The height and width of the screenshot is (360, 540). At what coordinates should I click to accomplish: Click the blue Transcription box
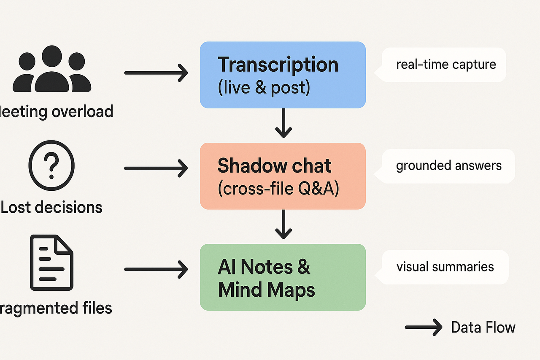click(283, 75)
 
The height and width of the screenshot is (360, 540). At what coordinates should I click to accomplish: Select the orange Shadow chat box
click(283, 176)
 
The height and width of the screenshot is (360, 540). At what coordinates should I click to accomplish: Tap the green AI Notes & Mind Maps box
click(283, 277)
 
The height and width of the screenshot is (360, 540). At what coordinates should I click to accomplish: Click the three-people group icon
click(52, 70)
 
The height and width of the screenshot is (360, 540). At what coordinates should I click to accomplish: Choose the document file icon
click(51, 263)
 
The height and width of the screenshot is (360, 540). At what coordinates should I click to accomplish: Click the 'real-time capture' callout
click(445, 65)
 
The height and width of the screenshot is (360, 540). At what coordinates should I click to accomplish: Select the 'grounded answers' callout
click(448, 165)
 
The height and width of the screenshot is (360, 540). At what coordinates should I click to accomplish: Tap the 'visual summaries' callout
click(445, 267)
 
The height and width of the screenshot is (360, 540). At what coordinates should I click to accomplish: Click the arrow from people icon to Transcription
click(156, 73)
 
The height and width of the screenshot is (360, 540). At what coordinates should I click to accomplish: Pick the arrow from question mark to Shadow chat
click(156, 168)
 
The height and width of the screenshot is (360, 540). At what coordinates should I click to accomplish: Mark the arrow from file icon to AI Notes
click(156, 269)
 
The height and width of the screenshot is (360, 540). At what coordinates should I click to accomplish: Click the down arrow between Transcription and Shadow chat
click(283, 123)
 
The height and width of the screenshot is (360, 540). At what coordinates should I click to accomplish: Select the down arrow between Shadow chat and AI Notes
click(283, 224)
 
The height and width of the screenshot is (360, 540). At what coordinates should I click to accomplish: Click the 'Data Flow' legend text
click(483, 328)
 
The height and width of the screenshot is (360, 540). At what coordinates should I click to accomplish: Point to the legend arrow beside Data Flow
click(423, 328)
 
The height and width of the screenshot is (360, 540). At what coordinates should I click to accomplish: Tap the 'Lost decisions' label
click(51, 207)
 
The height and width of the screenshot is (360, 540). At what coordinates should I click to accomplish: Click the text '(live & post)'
click(264, 88)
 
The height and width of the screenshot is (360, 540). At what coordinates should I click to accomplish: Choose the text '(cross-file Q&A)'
click(278, 189)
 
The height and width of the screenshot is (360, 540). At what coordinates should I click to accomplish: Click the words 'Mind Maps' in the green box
click(266, 290)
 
